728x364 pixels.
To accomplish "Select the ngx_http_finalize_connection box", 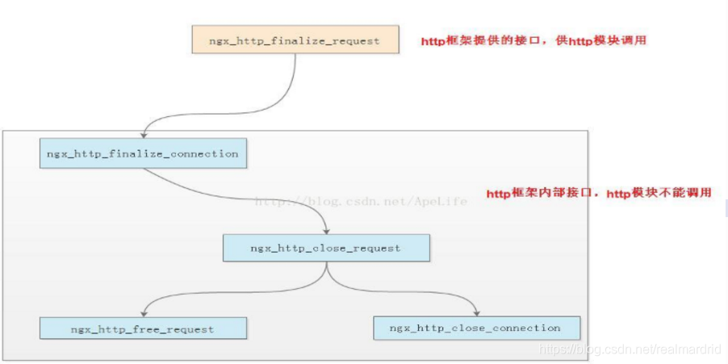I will click(142, 153).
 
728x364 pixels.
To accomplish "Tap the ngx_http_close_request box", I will click(325, 248).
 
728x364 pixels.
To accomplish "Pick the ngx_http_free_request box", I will click(142, 328).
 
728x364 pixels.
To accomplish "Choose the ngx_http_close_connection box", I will click(476, 328).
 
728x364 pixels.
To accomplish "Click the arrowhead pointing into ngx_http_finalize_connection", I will click(143, 135).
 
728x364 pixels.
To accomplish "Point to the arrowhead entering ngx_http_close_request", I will click(325, 230).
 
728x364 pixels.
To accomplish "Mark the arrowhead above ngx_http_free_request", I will click(143, 312).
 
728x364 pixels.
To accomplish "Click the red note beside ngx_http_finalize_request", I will click(533, 40).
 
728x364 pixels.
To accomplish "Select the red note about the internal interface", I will click(599, 194).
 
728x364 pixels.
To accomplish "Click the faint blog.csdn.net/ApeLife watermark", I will click(361, 201).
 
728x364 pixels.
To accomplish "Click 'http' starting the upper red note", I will click(433, 40).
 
